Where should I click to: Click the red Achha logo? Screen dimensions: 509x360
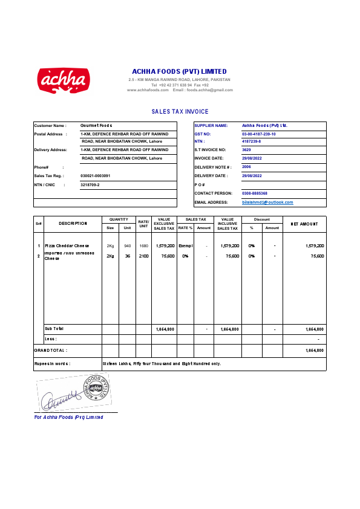click(64, 81)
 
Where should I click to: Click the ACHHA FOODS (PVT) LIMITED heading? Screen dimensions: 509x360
click(179, 71)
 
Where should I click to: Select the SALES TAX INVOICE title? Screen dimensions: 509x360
click(180, 112)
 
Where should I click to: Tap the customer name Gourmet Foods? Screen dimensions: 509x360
click(96, 125)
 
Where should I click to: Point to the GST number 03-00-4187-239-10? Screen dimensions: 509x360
click(258, 134)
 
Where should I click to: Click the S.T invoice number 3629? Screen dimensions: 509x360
click(246, 149)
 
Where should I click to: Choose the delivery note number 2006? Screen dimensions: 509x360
click(246, 166)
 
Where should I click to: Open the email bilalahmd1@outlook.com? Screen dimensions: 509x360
click(267, 203)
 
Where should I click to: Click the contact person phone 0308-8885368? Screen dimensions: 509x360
click(254, 193)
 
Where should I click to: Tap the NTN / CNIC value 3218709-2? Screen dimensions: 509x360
click(90, 184)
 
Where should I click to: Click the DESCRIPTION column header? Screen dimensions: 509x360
click(73, 224)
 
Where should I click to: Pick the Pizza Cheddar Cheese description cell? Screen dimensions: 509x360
click(67, 246)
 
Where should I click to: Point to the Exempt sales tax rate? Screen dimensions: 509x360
click(185, 246)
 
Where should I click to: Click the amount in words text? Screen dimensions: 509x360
click(162, 364)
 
